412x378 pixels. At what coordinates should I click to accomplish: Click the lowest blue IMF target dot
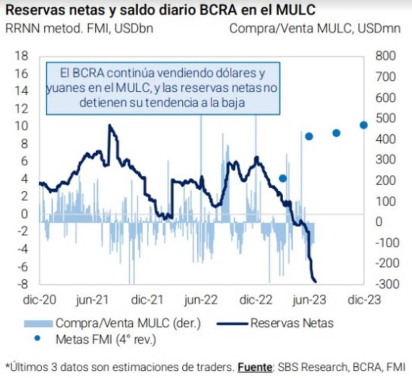tap(283, 178)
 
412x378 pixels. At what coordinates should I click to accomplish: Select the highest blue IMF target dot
tap(363, 125)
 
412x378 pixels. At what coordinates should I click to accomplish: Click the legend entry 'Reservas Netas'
tap(291, 323)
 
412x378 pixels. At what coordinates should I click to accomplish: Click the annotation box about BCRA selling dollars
tap(163, 88)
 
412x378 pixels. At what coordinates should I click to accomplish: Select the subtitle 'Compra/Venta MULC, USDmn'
tap(315, 28)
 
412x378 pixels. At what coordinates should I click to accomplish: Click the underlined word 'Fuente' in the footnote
tap(254, 368)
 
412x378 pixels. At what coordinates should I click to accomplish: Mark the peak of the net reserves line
tap(109, 125)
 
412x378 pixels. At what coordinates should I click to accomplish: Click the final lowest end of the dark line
tap(315, 281)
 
